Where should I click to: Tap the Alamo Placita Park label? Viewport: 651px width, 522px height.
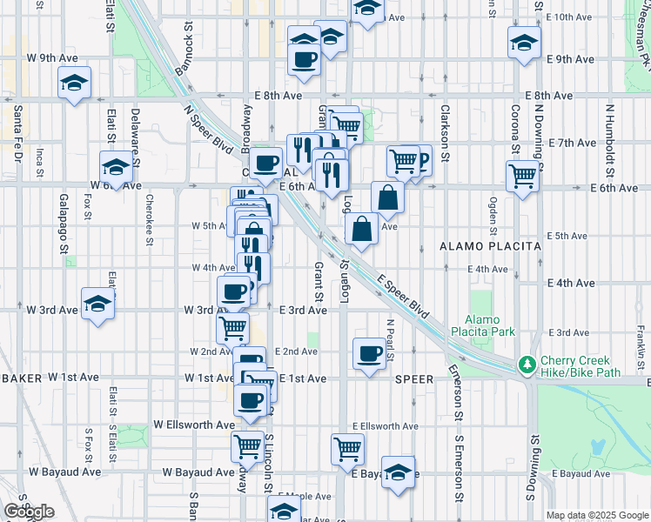tap(490, 325)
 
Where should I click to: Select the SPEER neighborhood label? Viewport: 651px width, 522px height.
tap(413, 379)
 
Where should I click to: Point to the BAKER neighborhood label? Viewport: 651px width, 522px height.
tap(20, 378)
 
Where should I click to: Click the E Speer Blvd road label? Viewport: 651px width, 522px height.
tap(405, 297)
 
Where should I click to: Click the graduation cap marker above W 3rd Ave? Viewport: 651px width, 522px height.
tap(97, 304)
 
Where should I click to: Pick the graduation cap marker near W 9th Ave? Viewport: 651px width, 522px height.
tap(75, 84)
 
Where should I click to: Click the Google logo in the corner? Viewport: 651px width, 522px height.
tap(29, 512)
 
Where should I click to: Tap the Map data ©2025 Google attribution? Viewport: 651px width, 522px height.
tap(596, 515)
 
